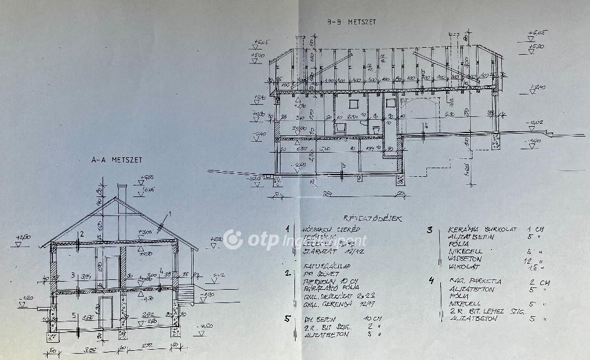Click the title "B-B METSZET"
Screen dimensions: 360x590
(x=351, y=22)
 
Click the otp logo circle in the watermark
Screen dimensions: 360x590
(x=233, y=239)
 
